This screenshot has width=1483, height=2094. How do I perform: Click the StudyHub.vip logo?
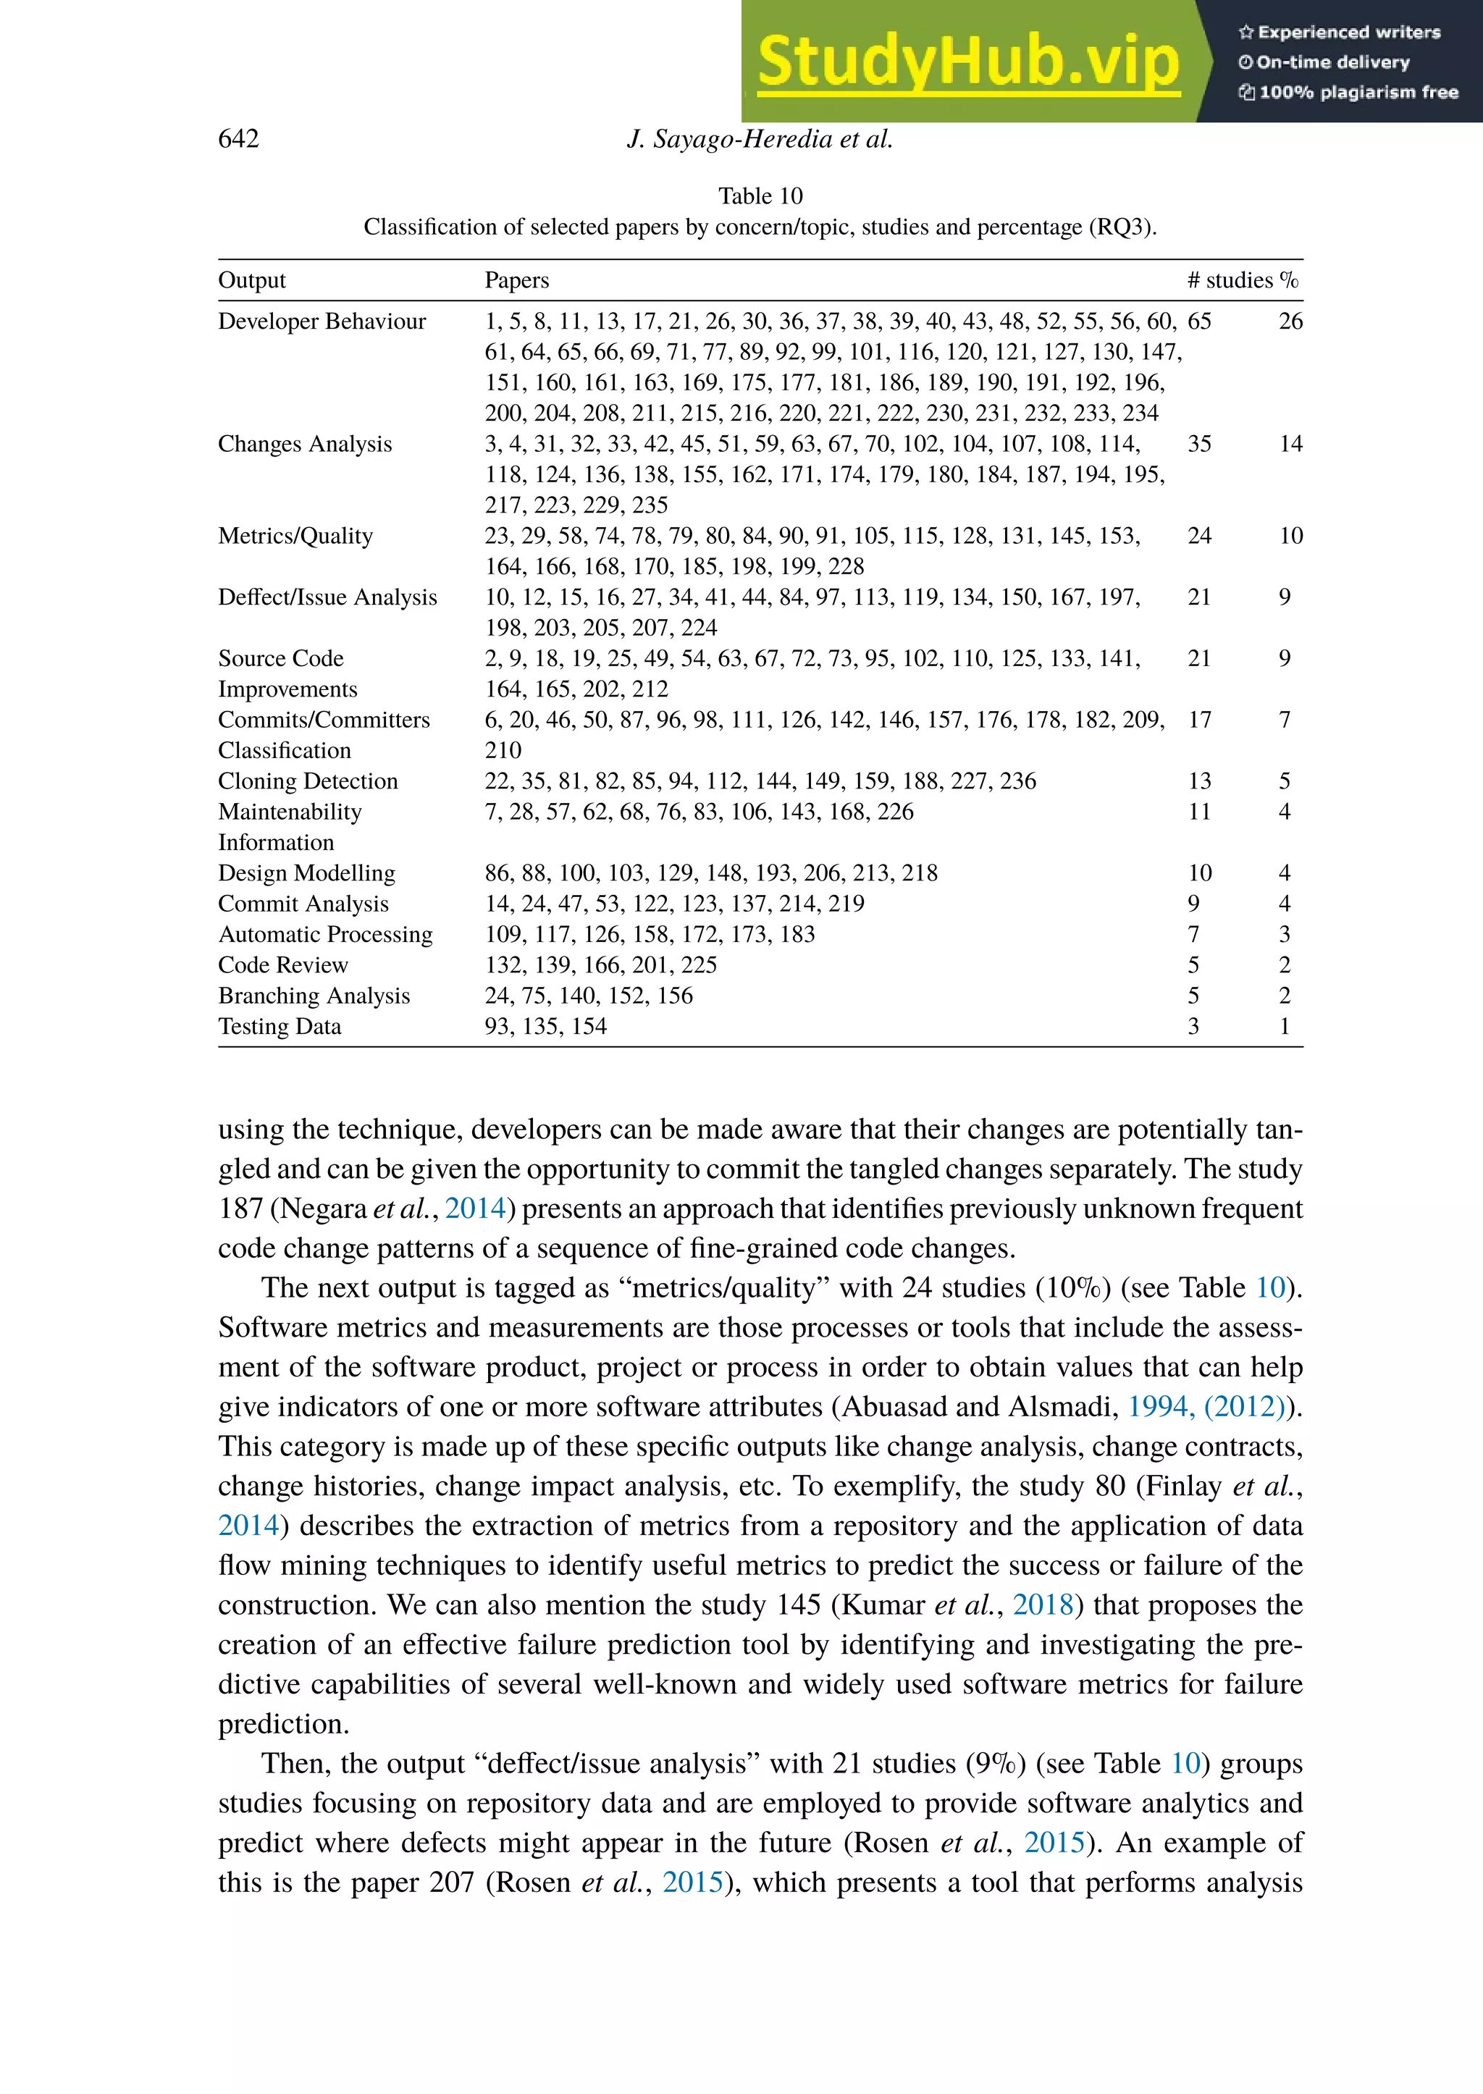point(968,62)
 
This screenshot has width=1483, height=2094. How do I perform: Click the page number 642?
point(238,139)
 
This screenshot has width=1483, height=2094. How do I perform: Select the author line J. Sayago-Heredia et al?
point(760,139)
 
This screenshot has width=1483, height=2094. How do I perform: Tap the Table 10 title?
point(760,196)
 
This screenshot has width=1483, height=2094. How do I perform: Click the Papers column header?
point(516,280)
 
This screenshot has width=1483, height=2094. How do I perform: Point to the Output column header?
point(251,280)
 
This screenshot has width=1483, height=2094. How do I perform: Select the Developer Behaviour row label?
point(322,321)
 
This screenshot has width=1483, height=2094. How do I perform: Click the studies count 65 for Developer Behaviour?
point(1199,321)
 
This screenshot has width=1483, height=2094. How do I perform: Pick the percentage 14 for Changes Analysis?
point(1290,444)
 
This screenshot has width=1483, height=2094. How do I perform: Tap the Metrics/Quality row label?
point(295,536)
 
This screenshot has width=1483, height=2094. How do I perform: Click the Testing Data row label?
point(280,1027)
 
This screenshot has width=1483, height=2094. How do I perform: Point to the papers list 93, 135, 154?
point(545,1027)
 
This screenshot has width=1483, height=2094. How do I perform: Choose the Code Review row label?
point(282,965)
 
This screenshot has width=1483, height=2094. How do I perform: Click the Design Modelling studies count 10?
point(1199,873)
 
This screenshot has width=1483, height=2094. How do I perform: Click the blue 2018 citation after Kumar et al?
point(1042,1605)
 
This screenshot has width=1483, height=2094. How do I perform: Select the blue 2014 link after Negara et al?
point(475,1208)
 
